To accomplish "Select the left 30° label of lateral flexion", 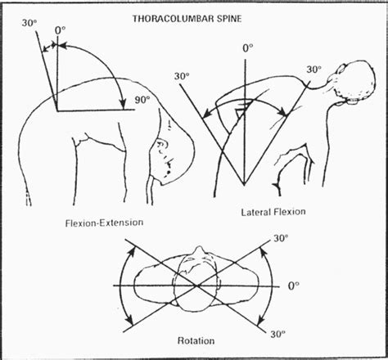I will tap(183, 76).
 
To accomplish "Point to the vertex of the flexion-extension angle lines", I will tap(55, 109).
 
